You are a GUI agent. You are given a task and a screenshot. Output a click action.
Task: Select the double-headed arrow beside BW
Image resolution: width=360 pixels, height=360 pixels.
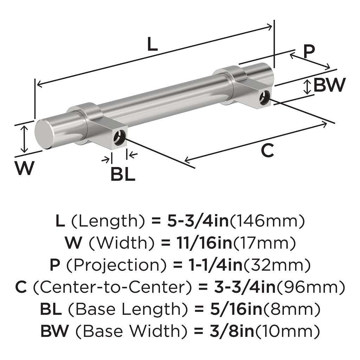click(x=308, y=86)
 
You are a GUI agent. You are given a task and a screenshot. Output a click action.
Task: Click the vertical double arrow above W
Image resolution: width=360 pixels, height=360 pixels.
click(x=24, y=139)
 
